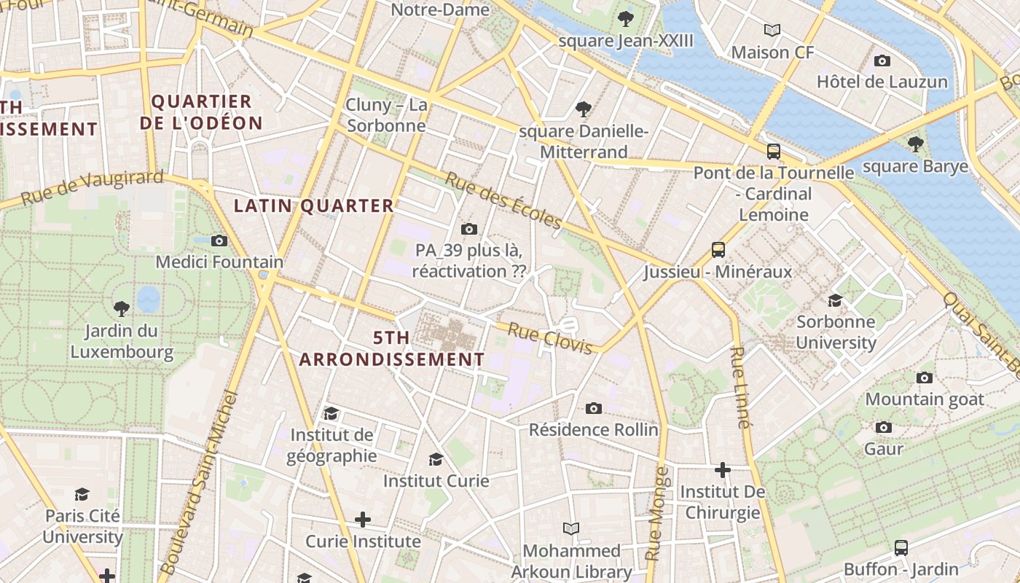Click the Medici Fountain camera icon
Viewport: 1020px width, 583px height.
tap(219, 240)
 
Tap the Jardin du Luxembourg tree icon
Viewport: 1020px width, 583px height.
tap(122, 309)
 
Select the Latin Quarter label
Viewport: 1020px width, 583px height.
tap(313, 206)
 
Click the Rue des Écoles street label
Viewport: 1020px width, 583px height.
tap(503, 200)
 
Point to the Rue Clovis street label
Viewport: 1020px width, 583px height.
tap(550, 339)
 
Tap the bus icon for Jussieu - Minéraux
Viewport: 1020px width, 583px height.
tap(718, 250)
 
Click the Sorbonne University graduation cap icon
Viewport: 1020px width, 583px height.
tap(835, 300)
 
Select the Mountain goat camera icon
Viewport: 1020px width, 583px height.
tap(925, 377)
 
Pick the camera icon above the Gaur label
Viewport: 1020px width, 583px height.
tap(884, 427)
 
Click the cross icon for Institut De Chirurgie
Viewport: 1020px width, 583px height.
tap(723, 470)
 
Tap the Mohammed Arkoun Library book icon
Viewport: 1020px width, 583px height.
tap(571, 528)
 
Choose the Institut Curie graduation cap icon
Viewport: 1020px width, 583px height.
tap(436, 459)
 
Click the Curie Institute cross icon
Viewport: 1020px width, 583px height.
tap(363, 520)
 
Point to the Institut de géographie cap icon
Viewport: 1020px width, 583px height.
tap(331, 414)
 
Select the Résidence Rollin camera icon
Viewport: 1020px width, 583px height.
tap(594, 408)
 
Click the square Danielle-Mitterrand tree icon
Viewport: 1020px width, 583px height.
tap(583, 109)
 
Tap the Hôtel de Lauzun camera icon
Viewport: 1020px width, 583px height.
tap(882, 60)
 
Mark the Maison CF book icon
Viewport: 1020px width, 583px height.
tap(772, 30)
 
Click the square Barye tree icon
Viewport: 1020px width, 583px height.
tap(916, 144)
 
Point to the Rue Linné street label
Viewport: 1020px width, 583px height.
tap(740, 386)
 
